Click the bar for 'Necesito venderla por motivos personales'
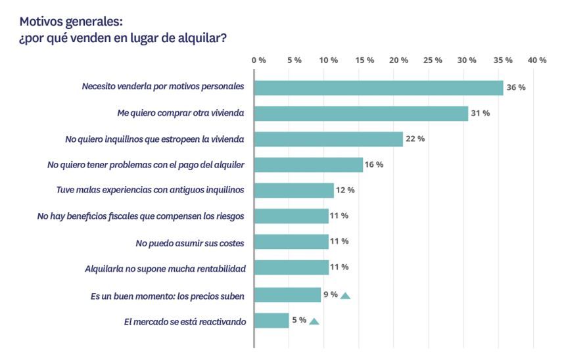coord(379,88)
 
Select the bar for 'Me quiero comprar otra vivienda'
coord(361,114)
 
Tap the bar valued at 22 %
coord(328,139)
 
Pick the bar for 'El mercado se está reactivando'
coord(271,321)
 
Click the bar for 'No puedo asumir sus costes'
coord(291,242)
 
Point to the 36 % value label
coord(515,88)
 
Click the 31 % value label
coord(481,114)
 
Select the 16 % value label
coord(374,164)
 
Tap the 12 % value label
coord(346,191)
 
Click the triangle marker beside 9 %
coord(345,296)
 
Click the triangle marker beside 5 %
coord(314,321)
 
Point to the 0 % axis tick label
coord(259,60)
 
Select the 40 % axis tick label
coord(537,60)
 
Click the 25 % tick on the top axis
coord(433,60)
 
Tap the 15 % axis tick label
coord(364,60)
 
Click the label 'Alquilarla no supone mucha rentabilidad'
coord(165,269)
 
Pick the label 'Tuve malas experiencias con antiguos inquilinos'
coord(151,191)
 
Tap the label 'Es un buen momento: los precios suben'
coord(167,296)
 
